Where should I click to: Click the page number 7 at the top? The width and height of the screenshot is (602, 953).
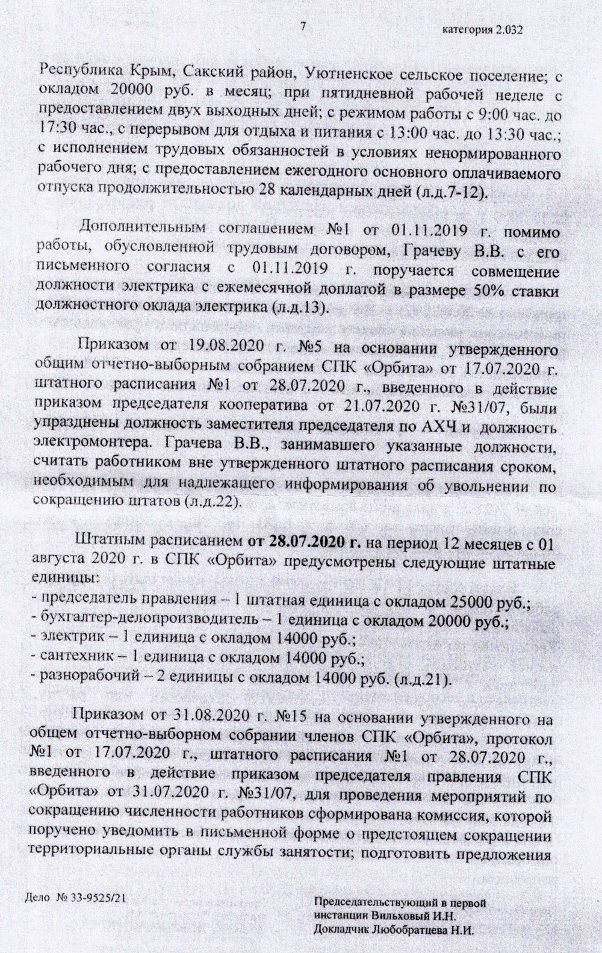[302, 26]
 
